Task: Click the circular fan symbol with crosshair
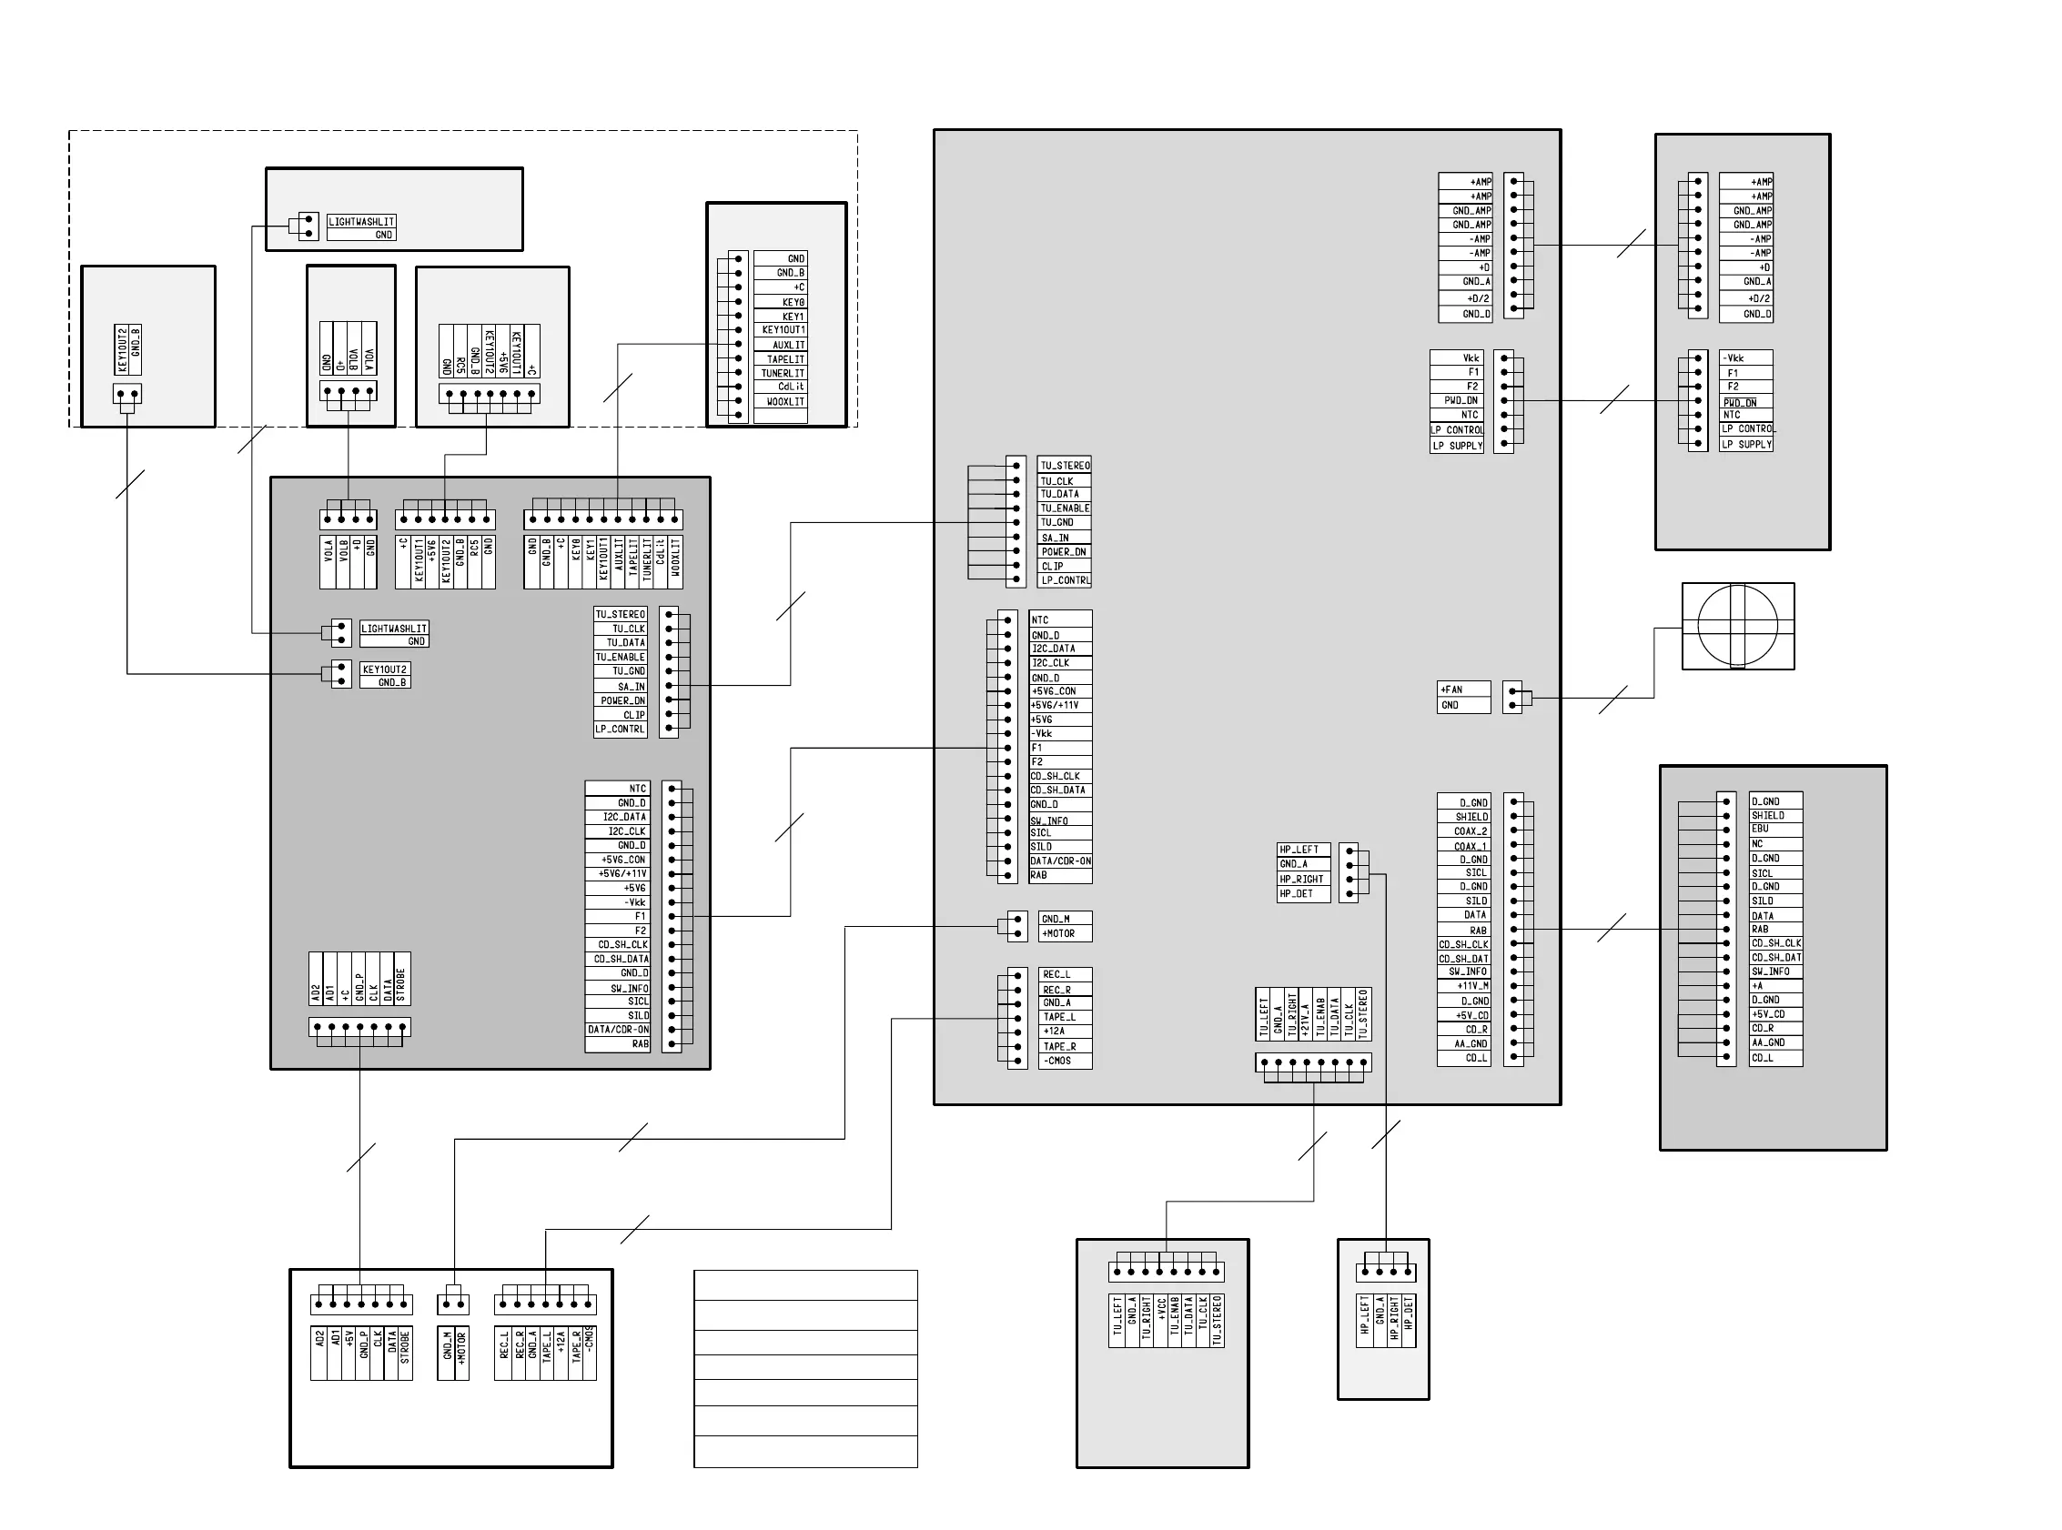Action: point(1737,625)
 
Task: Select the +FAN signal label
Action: point(1451,690)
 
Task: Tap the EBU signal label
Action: point(1760,829)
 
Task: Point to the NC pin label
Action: point(1757,844)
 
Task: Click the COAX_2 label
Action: point(1471,831)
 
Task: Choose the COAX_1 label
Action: point(1471,846)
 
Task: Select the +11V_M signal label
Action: point(1473,986)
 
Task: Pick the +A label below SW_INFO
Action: point(1757,986)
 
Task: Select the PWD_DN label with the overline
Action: point(1740,403)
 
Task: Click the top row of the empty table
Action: point(805,1285)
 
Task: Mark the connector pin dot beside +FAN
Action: point(1512,691)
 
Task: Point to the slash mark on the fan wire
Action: point(1612,700)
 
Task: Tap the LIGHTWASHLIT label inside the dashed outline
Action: point(361,222)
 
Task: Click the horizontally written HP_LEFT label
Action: point(1299,850)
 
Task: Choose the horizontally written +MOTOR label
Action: point(1058,933)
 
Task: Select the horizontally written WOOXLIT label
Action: point(785,402)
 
